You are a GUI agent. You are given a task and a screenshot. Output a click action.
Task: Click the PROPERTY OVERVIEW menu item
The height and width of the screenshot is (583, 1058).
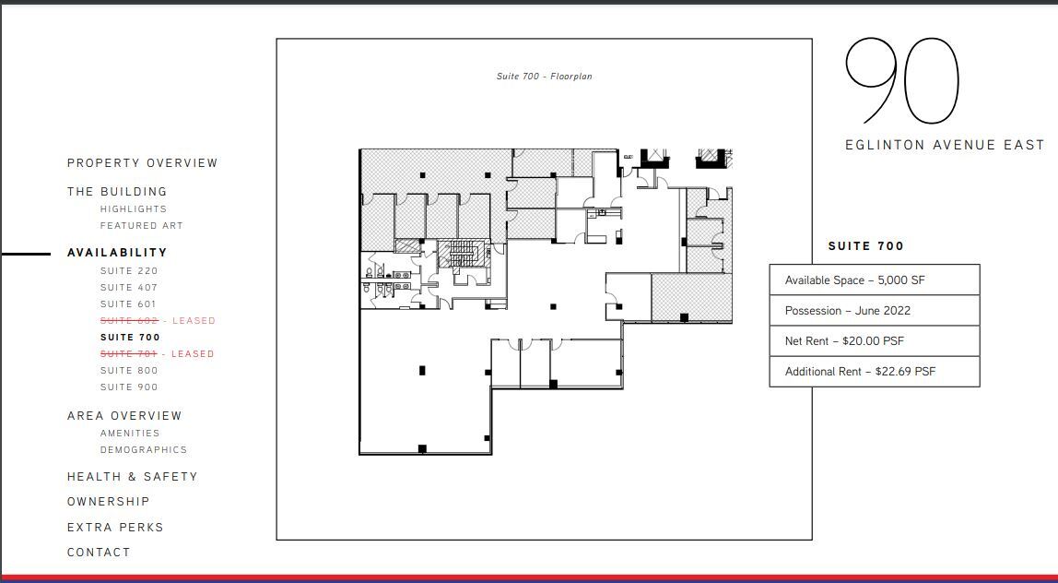point(142,163)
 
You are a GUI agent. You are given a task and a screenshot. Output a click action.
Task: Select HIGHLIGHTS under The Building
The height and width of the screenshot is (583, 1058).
point(134,209)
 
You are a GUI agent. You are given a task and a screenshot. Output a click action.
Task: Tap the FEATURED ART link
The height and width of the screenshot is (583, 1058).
point(141,226)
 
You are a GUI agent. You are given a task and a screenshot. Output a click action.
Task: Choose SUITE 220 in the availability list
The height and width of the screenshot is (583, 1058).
point(129,271)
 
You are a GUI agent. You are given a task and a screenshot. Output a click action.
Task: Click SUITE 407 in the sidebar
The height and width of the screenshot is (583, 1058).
point(129,288)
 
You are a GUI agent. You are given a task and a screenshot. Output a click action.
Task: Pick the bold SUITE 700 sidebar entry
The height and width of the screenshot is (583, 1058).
point(130,338)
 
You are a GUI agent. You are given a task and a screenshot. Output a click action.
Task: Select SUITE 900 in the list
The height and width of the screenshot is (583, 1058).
point(129,387)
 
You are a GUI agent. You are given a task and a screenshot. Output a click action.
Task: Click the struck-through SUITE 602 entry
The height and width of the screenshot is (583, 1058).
point(129,321)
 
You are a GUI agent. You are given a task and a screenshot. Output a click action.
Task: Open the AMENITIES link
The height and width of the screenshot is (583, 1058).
point(130,434)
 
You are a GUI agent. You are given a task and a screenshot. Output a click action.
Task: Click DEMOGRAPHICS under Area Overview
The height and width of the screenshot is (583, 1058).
point(143,450)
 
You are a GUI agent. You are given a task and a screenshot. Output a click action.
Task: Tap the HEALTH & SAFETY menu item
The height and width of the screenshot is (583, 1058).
point(132,477)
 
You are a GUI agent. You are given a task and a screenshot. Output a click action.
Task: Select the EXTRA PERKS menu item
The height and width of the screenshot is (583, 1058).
point(115,528)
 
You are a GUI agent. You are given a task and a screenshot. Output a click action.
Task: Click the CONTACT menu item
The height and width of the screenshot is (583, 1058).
point(99,553)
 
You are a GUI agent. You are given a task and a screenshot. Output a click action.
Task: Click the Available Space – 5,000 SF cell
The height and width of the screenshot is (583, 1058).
point(874,280)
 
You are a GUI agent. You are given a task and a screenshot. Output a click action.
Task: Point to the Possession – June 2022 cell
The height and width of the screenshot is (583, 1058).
point(874,311)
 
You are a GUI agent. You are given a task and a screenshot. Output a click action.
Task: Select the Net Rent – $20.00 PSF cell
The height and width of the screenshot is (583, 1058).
point(874,341)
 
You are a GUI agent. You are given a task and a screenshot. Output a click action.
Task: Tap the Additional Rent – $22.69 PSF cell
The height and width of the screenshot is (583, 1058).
point(874,372)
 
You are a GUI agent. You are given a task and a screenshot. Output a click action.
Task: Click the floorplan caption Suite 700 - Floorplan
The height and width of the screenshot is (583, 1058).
point(544,77)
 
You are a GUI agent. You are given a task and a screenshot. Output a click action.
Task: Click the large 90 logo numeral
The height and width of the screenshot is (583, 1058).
point(902,81)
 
